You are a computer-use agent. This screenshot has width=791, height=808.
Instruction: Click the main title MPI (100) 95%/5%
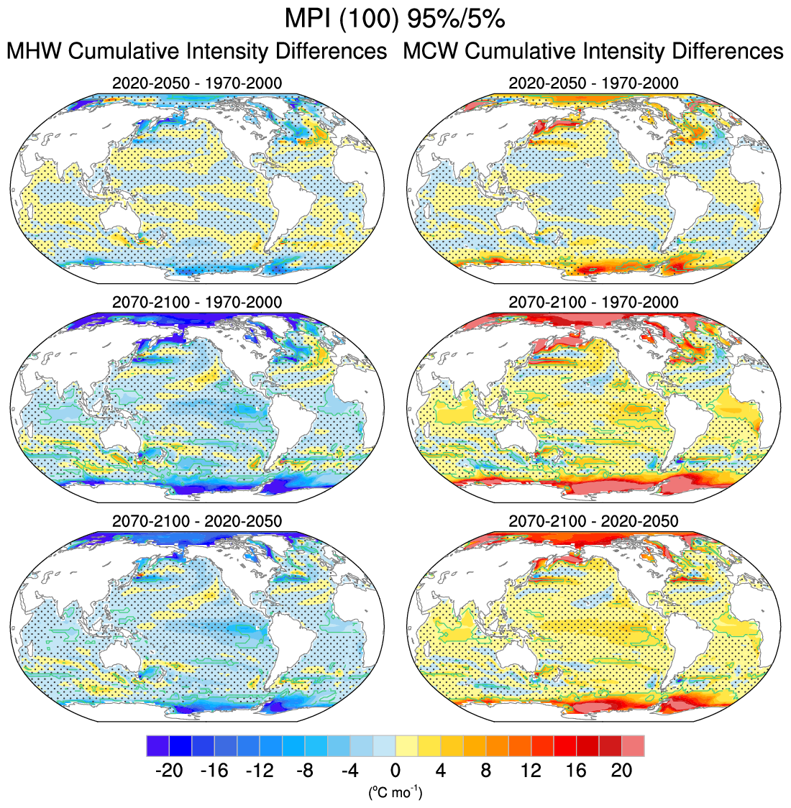395,19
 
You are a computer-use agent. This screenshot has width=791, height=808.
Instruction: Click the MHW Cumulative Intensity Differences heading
196,52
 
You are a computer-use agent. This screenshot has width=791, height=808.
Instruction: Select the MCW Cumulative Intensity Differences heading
593,52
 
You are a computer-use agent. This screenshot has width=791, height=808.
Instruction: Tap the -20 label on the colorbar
168,771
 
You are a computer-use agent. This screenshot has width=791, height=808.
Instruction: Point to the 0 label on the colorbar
395,771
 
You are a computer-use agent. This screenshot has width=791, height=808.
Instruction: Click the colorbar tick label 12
531,771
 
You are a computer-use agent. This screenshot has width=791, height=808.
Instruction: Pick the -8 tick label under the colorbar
304,771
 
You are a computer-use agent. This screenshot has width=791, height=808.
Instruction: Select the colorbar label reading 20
621,771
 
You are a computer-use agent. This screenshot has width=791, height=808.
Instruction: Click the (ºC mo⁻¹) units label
395,792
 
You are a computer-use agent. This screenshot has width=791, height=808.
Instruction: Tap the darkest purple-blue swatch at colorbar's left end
157,745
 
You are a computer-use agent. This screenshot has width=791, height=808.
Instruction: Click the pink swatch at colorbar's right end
633,745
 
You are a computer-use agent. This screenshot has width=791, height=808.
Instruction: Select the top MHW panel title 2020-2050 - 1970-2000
197,83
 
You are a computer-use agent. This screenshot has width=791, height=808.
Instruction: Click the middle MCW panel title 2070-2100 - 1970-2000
593,302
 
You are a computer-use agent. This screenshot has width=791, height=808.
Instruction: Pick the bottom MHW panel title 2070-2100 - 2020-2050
197,520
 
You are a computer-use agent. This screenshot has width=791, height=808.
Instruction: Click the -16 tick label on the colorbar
214,771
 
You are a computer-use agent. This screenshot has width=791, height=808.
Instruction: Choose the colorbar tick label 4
440,771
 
